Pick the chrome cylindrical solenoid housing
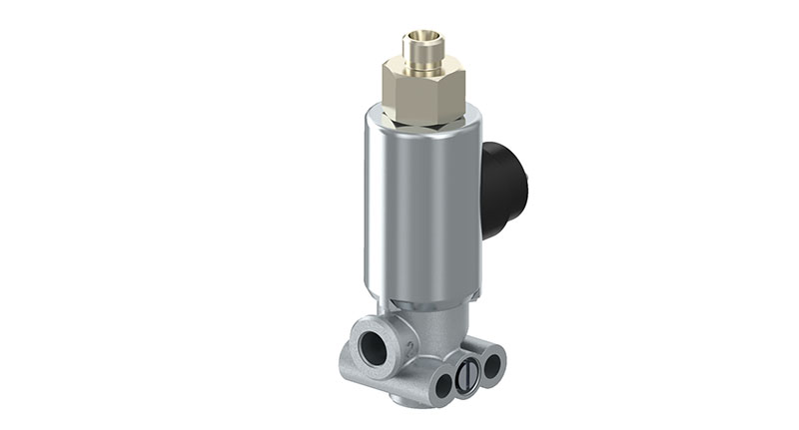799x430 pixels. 419,210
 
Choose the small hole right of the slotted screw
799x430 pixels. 491,365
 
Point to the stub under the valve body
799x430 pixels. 404,401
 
